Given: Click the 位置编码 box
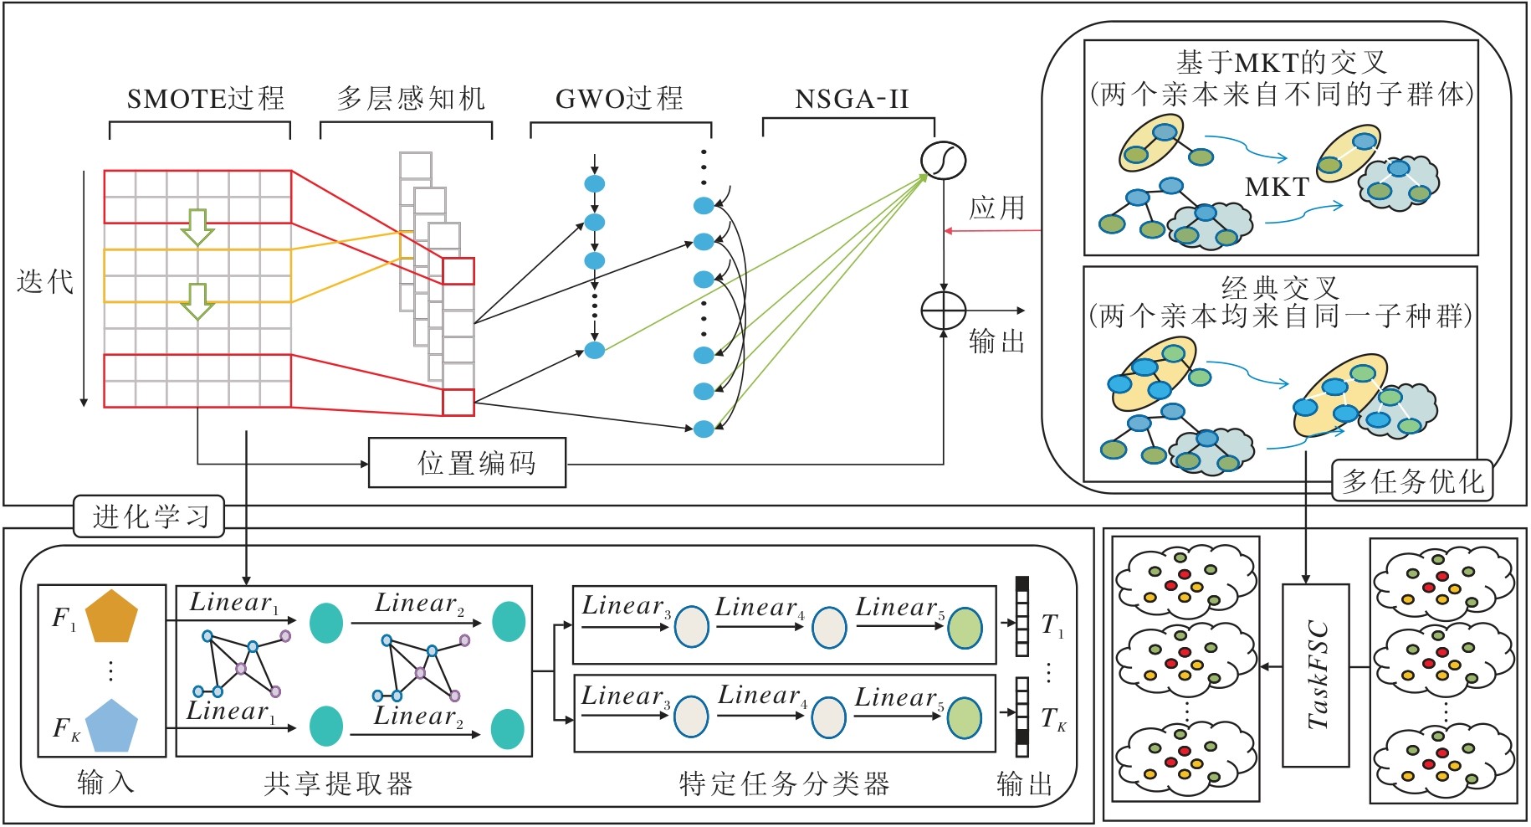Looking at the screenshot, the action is point(467,462).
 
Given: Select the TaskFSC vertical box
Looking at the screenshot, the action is point(1316,675).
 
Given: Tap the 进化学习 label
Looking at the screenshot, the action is point(150,516).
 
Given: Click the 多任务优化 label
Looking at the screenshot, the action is point(1412,480).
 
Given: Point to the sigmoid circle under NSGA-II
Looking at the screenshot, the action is point(943,160).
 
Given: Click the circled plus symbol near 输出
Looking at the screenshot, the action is point(943,311).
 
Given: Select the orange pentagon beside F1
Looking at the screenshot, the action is point(110,616).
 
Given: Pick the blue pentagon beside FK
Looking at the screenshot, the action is point(110,725).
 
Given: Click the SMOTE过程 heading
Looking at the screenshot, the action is point(206,99).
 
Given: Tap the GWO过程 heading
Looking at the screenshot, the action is point(619,99).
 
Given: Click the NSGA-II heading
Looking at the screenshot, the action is point(851,100).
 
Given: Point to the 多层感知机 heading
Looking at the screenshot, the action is point(411,99).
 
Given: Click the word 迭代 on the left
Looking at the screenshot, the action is point(45,281).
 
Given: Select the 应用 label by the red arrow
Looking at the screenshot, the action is point(996,208).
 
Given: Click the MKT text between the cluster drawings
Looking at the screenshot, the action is point(1277,187).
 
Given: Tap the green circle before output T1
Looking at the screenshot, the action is point(965,628).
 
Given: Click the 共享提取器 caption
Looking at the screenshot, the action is point(338,783).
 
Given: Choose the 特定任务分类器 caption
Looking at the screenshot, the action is point(784,783).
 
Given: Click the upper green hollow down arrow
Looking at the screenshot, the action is point(197,227).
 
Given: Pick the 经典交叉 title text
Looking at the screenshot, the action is point(1280,288).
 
